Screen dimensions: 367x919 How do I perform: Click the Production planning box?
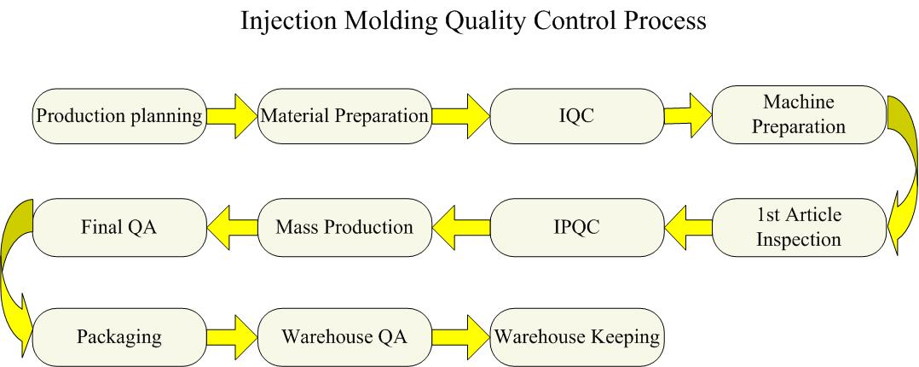(118, 115)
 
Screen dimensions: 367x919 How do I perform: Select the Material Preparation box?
(344, 115)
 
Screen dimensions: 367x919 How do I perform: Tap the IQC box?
(577, 115)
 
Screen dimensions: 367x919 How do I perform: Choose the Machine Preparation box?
(798, 114)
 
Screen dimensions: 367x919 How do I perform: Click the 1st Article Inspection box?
(798, 228)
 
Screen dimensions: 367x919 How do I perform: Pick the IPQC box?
(577, 228)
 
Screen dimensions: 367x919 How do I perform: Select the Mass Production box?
(344, 228)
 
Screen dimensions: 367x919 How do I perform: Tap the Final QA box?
(118, 228)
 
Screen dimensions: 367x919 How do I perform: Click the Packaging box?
(118, 336)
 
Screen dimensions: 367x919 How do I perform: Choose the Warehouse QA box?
(344, 336)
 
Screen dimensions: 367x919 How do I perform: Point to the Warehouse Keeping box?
(577, 336)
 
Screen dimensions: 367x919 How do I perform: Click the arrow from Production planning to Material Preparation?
(231, 115)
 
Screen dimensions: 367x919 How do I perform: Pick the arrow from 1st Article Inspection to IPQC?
(687, 228)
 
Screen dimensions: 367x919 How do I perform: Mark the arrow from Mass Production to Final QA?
(231, 228)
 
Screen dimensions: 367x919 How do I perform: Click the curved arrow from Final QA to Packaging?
(15, 273)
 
